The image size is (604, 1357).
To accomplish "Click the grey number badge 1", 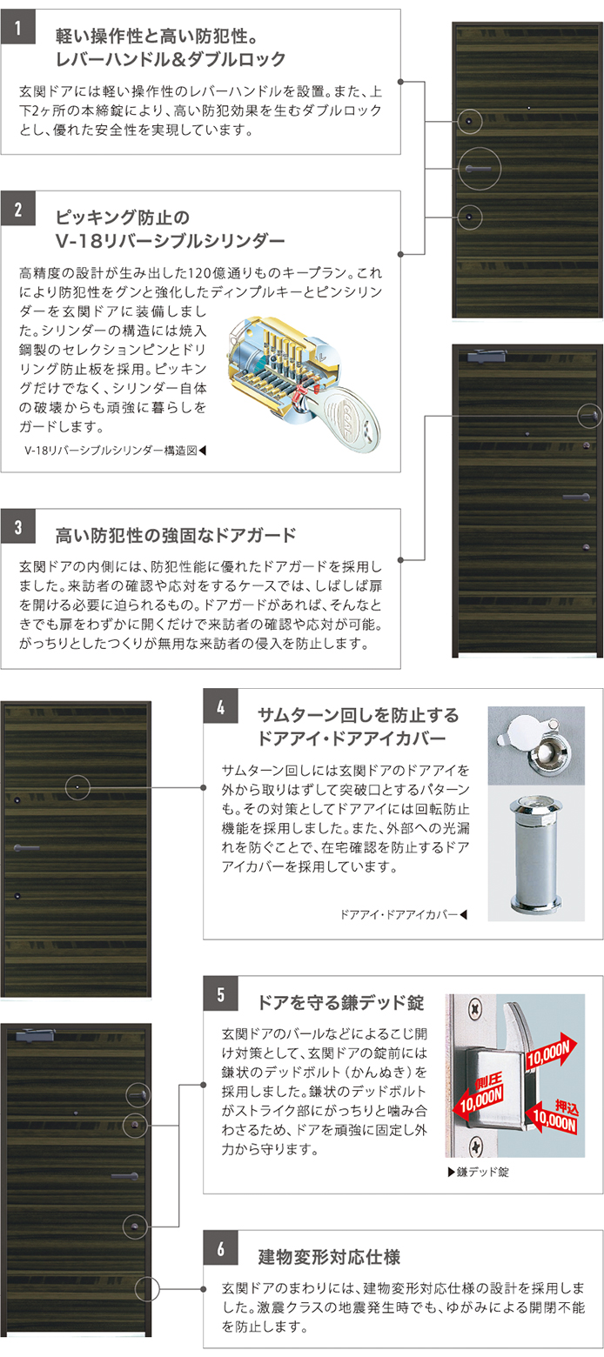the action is click(x=18, y=27).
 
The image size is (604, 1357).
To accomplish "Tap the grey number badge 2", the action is click(x=18, y=209).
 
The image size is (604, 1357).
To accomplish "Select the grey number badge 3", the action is click(x=18, y=526).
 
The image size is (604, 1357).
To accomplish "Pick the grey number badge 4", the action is click(x=220, y=706).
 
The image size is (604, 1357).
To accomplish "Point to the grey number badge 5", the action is click(x=220, y=994).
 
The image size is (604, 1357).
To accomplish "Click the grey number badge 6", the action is click(x=220, y=1248).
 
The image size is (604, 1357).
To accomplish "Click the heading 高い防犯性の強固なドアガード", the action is click(x=176, y=535).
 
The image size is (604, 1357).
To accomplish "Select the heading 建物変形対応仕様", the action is click(x=329, y=1256).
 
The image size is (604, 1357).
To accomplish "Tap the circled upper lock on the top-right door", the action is click(x=469, y=122).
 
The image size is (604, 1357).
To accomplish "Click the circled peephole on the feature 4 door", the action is click(x=77, y=787).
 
